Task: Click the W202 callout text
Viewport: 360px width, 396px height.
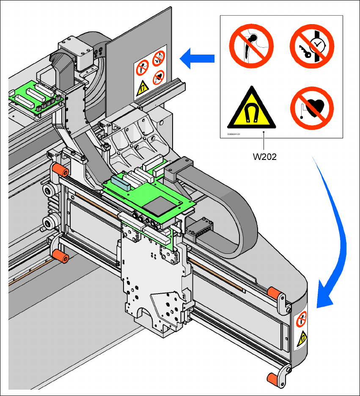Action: [265, 156]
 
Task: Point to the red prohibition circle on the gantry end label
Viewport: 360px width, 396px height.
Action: [302, 319]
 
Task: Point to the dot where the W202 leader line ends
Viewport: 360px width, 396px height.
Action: [264, 132]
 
